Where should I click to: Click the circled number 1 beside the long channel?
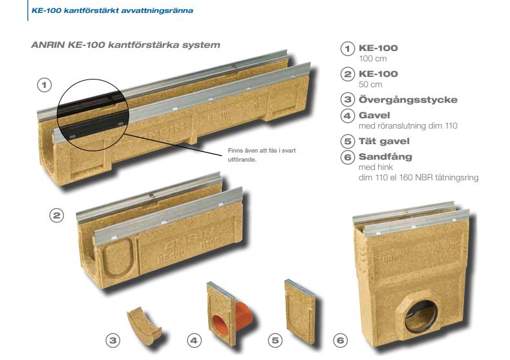45,85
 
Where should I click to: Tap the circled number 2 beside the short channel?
57,215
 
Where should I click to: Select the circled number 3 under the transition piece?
113,341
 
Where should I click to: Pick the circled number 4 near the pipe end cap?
194,341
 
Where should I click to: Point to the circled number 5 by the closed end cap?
275,341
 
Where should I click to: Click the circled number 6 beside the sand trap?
340,341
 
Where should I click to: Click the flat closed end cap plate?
300,312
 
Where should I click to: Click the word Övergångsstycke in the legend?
408,100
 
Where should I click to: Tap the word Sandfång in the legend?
385,157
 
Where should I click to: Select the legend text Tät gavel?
384,141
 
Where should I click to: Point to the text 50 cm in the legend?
370,85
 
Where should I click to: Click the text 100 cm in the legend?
373,59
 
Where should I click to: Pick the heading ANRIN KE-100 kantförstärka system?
125,45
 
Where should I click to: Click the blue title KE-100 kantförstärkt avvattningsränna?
112,10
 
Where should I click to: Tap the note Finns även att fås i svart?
262,151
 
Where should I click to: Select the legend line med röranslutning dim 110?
408,126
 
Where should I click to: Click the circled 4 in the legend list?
347,116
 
